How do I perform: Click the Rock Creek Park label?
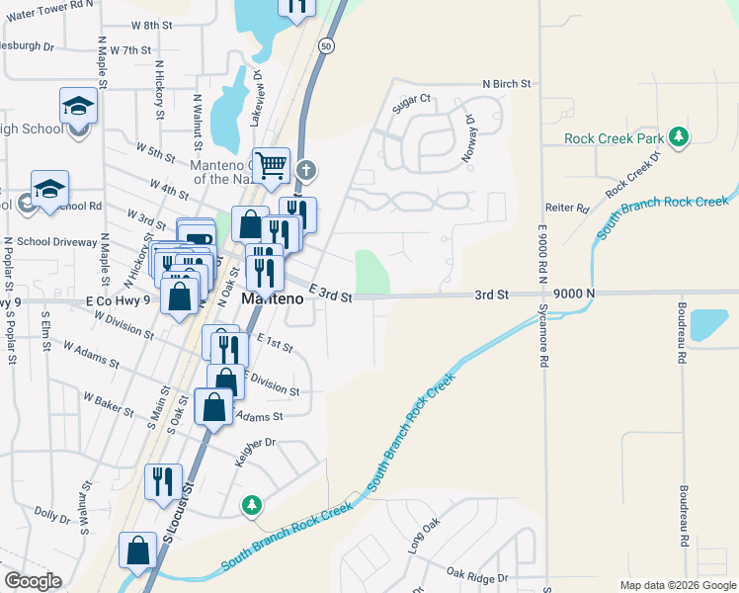(x=613, y=138)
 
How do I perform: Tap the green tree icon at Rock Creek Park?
(x=678, y=137)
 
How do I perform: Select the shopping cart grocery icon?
(x=271, y=165)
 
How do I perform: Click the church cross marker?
(x=306, y=170)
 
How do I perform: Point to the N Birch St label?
(x=507, y=84)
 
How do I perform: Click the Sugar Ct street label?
(x=413, y=98)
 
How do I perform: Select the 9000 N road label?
(x=574, y=294)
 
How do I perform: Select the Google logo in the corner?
(x=33, y=581)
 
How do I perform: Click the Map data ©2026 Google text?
(x=677, y=585)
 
